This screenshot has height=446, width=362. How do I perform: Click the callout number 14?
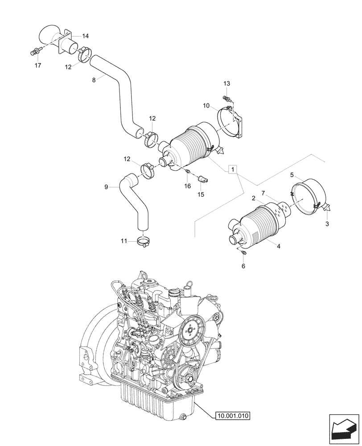click(x=85, y=35)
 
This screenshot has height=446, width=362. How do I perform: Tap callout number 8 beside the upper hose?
click(x=94, y=80)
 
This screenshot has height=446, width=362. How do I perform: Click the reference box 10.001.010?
click(x=233, y=417)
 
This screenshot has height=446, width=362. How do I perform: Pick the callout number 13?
click(x=226, y=83)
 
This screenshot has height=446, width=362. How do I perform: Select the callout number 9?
click(x=106, y=187)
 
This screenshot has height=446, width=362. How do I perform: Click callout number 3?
click(x=327, y=224)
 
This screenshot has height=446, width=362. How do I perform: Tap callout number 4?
click(x=278, y=246)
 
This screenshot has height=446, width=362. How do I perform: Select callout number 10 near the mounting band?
click(x=206, y=106)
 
